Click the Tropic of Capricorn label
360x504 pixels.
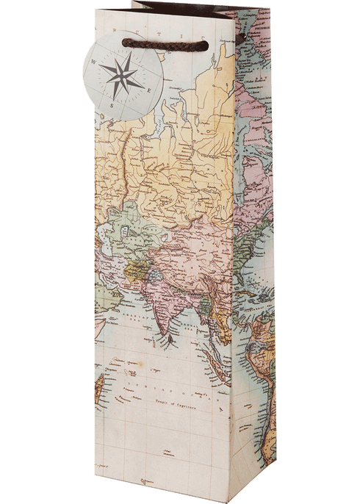[179, 403]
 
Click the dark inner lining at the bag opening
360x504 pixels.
[184, 18]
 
